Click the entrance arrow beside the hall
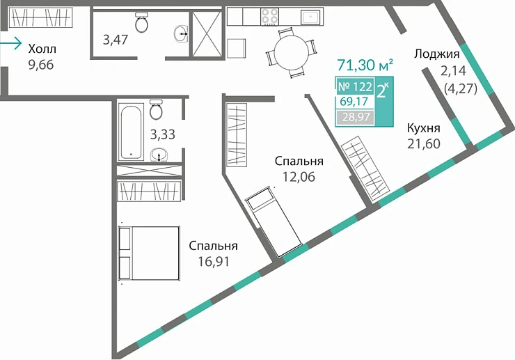[11, 44]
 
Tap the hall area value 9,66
[41, 65]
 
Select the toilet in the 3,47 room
[142, 24]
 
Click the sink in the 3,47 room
[182, 32]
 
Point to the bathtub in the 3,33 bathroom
[130, 132]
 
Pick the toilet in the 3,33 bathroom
[157, 110]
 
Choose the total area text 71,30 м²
[365, 66]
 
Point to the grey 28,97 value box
[355, 118]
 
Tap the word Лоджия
[436, 54]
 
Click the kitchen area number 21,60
[423, 143]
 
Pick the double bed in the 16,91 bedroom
[150, 253]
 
